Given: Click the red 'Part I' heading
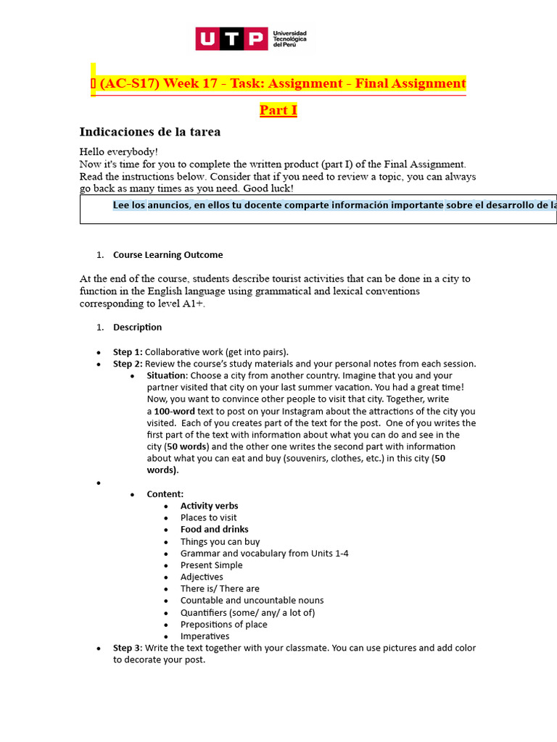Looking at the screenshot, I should point(278,110).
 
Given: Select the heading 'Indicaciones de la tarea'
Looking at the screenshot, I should point(149,132).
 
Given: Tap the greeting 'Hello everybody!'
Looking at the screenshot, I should point(118,151).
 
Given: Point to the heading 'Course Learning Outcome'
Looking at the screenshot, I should point(168,255).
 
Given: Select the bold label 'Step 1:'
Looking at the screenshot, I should point(128,352).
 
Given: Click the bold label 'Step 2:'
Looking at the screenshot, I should point(128,364).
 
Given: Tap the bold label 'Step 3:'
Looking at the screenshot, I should point(128,648).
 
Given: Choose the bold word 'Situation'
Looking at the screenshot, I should point(167,375).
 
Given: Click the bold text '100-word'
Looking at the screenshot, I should point(174,411).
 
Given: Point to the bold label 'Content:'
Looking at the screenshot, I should point(165,494).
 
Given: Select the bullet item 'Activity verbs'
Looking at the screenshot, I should point(209,506).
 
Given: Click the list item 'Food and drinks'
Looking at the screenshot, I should point(214,530).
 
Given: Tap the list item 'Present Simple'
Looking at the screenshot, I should point(211,565).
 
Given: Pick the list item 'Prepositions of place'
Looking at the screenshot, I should point(223,625).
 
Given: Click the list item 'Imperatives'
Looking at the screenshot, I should point(205,636).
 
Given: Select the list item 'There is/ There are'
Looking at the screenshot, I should point(220,589).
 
